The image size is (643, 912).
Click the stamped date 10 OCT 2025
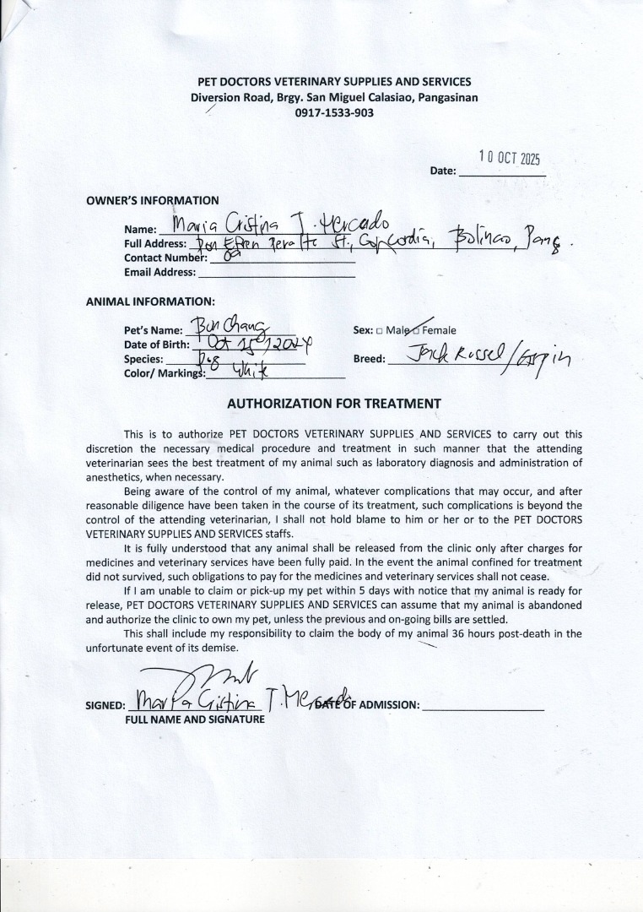[509, 158]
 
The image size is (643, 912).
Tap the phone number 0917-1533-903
[334, 112]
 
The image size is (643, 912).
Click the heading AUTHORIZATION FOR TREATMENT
[333, 404]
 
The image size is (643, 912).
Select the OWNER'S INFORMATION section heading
[152, 201]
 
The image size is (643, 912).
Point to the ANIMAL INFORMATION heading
[150, 301]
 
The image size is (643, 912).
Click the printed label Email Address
[159, 273]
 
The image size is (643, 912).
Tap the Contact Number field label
[165, 258]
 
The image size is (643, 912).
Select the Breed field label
[369, 359]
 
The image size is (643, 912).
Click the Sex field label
[363, 330]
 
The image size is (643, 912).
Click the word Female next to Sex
[439, 330]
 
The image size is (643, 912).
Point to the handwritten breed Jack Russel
[449, 356]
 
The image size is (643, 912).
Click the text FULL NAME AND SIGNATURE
[195, 719]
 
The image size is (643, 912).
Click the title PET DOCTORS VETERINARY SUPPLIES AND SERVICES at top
[334, 82]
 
